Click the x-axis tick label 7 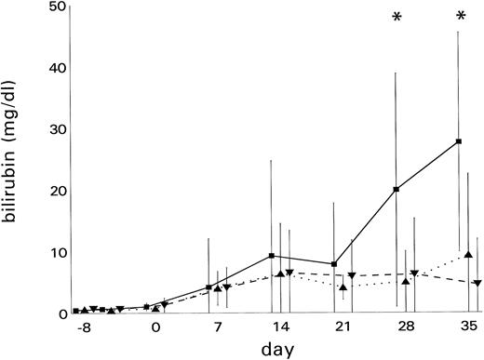[217, 328]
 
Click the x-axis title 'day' [277, 350]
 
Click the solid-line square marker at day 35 [459, 141]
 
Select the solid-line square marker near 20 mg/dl [397, 190]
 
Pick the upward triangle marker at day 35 [468, 254]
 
